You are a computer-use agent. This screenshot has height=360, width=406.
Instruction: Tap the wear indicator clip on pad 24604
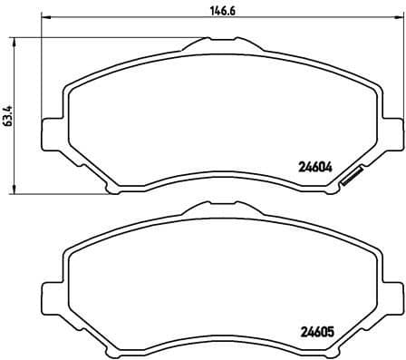point(349,179)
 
